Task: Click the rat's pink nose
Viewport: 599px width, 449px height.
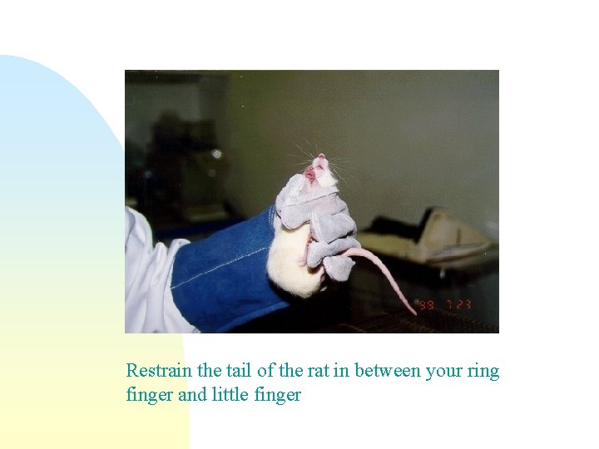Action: point(320,158)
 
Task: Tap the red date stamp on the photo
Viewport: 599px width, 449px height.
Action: point(446,305)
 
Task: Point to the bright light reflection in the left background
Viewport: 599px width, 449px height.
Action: point(216,154)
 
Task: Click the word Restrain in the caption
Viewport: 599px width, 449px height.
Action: point(159,371)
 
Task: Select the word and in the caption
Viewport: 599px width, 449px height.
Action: point(192,395)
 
